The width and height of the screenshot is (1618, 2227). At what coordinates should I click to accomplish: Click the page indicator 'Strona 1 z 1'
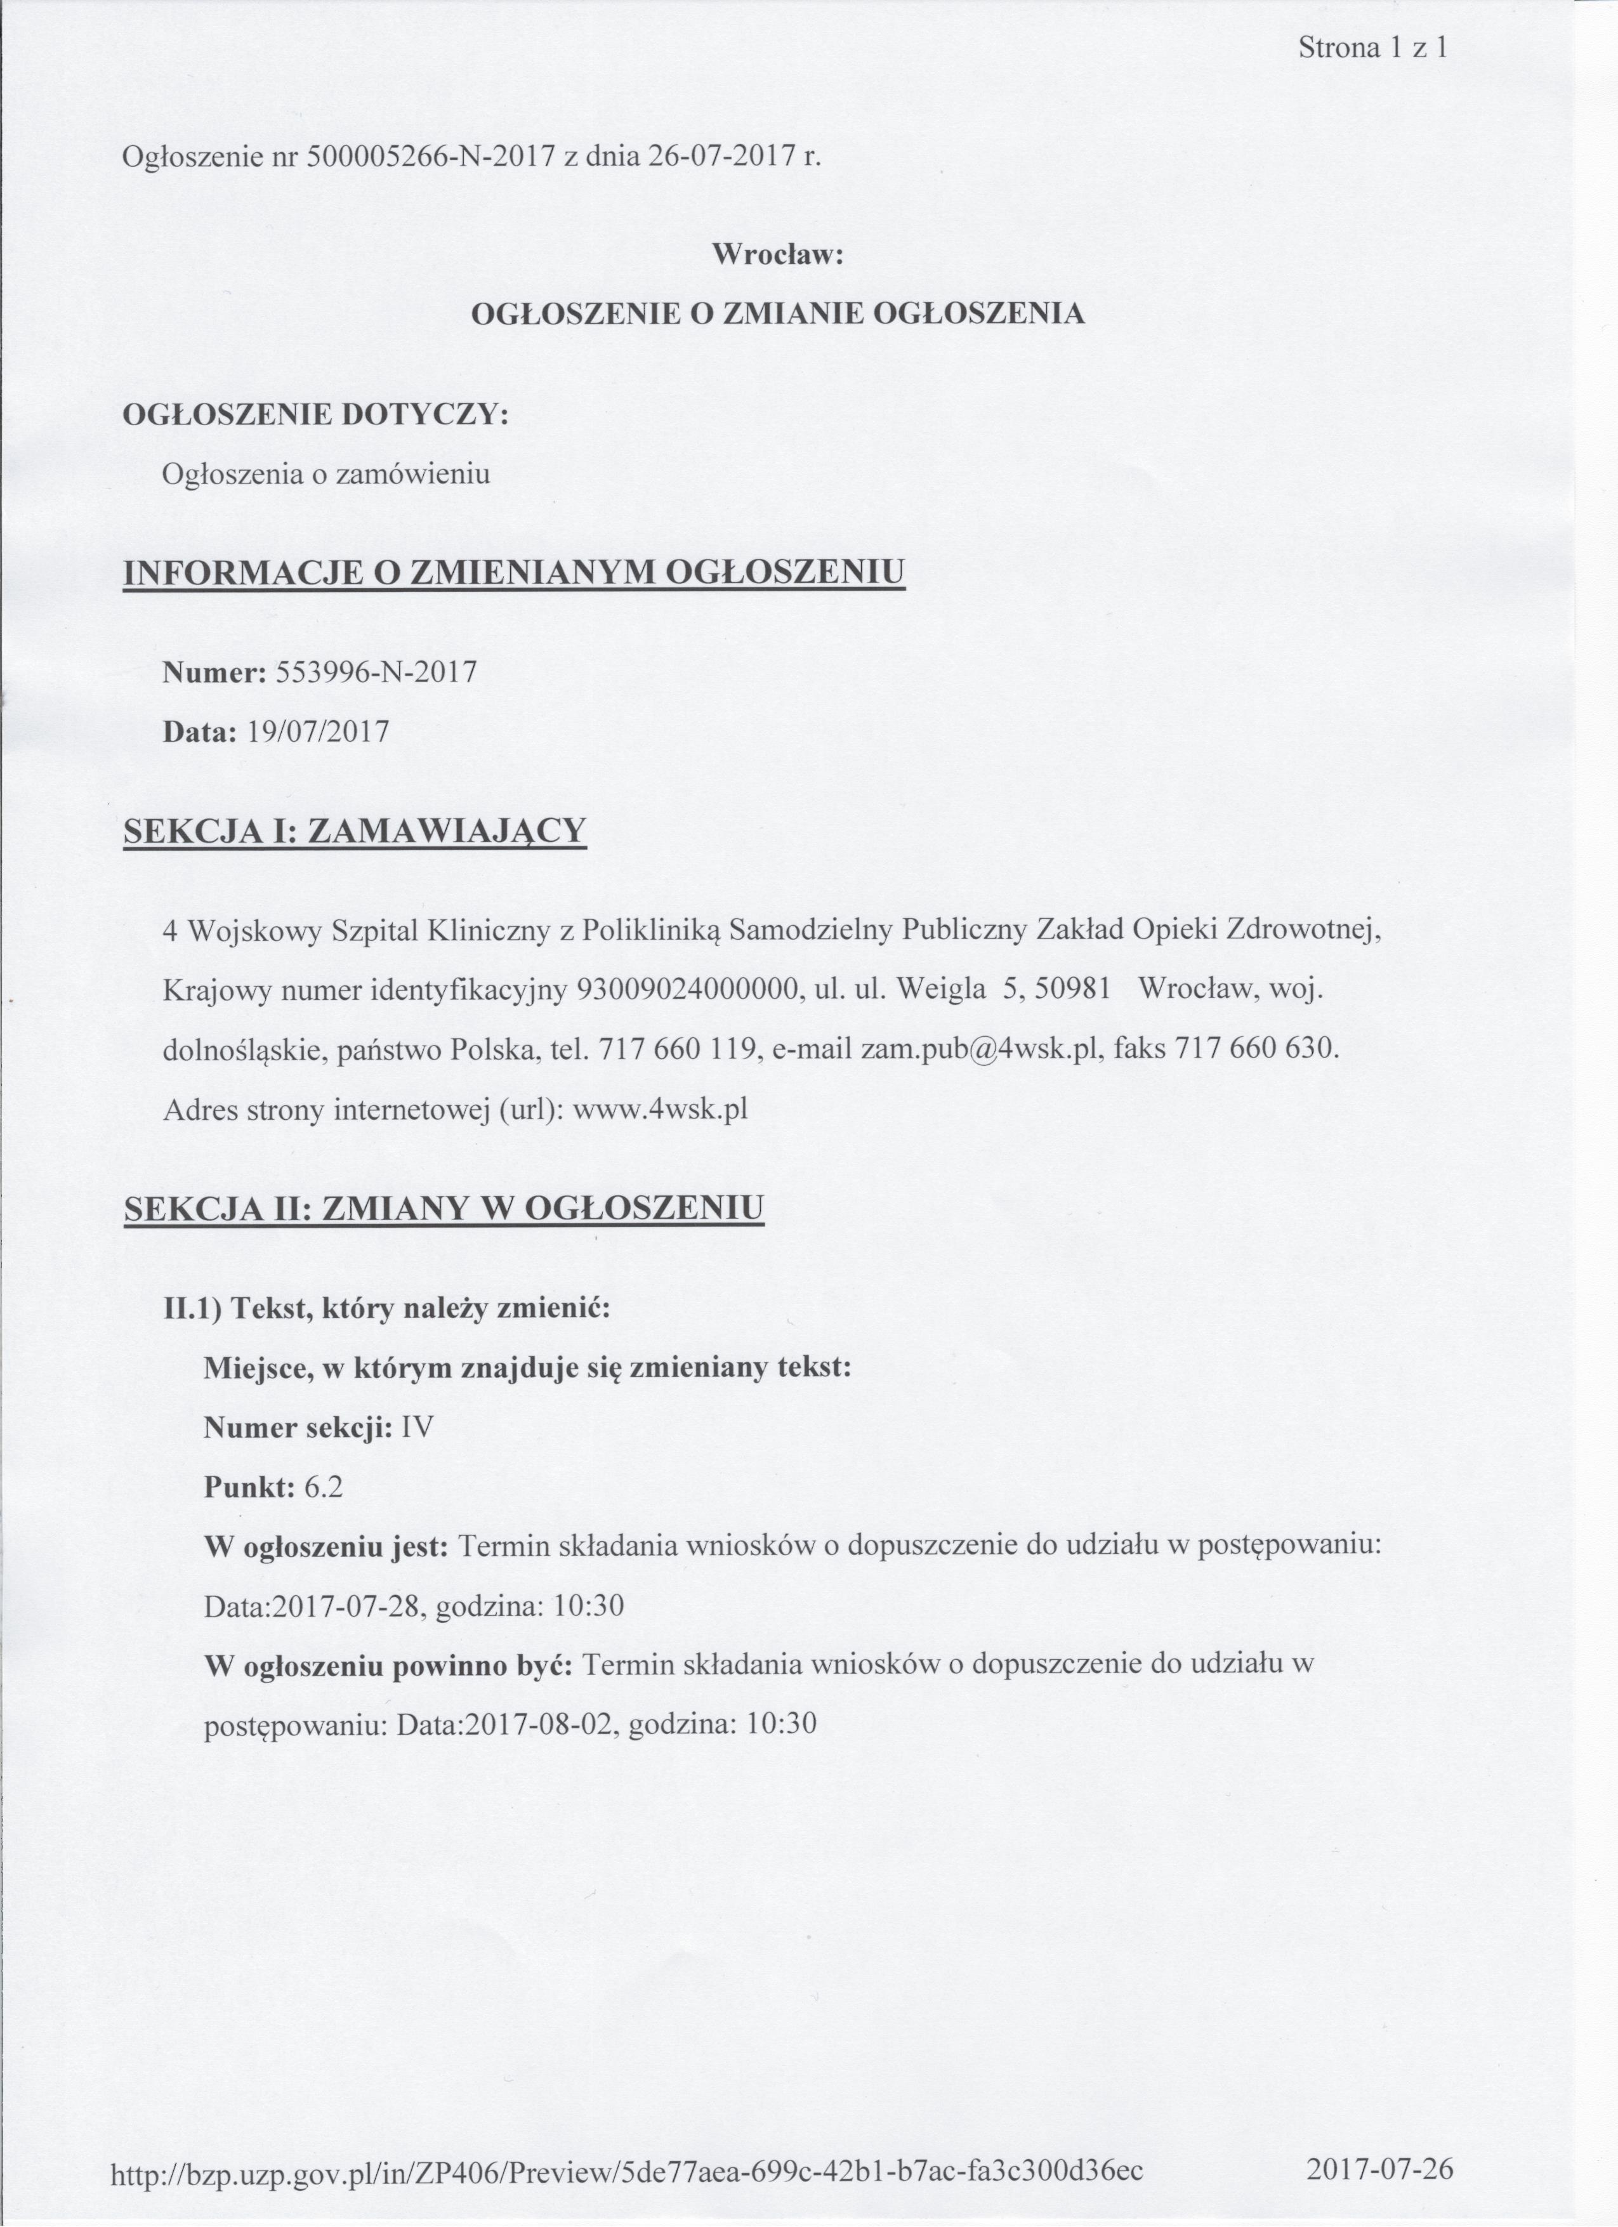point(1372,48)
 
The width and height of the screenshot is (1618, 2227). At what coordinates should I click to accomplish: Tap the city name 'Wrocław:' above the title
point(777,254)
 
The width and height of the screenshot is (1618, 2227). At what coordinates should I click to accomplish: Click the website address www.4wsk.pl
point(660,1110)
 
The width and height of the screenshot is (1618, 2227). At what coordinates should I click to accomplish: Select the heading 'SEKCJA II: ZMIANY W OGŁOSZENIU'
point(444,1208)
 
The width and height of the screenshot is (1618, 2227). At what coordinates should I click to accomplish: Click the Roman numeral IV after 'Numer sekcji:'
point(418,1428)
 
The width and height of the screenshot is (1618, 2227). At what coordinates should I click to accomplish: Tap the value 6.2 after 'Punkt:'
point(324,1488)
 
